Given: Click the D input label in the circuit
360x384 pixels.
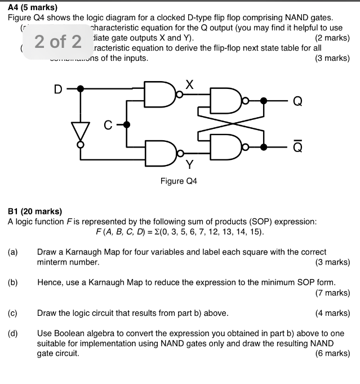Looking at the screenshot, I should click(x=57, y=88).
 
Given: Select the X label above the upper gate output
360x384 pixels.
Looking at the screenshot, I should click(x=189, y=85).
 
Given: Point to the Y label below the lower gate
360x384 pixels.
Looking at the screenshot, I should click(x=189, y=165).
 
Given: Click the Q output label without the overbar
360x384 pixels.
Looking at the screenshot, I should click(x=297, y=101).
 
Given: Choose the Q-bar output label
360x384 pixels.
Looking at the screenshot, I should click(x=297, y=146).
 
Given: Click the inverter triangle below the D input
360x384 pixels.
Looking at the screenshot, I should click(x=81, y=132).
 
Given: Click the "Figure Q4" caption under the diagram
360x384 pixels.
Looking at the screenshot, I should click(x=180, y=181).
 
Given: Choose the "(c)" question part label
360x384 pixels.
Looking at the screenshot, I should click(x=13, y=312).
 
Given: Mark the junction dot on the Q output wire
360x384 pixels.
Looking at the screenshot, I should click(x=264, y=101).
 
